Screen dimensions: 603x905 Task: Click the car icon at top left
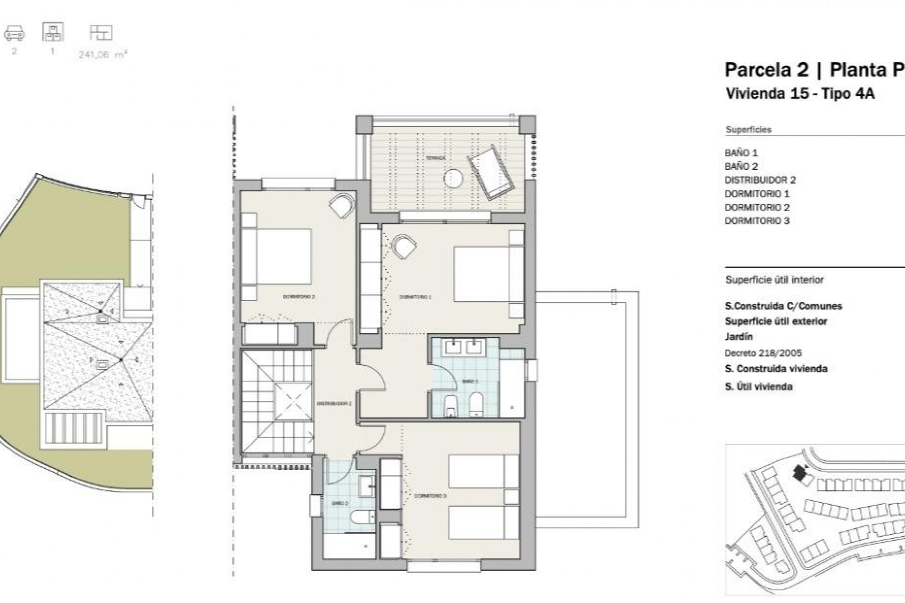14,33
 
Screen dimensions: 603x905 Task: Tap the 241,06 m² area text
102,55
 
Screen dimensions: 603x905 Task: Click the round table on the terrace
453,178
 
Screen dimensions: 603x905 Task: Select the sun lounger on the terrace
490,171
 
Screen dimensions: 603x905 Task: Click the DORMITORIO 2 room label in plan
298,297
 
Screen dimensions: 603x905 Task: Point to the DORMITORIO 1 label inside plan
415,297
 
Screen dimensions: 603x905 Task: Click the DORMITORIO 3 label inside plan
430,496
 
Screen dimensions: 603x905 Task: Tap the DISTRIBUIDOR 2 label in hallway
334,403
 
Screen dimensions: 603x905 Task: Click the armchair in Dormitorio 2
342,205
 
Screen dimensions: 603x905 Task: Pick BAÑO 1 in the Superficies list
741,153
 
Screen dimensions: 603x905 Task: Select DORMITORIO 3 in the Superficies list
757,221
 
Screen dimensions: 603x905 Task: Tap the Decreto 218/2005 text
763,353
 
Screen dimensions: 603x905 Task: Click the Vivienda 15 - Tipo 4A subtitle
799,94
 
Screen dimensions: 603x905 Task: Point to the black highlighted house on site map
798,473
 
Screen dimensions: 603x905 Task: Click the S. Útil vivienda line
758,387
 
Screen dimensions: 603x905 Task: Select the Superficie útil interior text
774,280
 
